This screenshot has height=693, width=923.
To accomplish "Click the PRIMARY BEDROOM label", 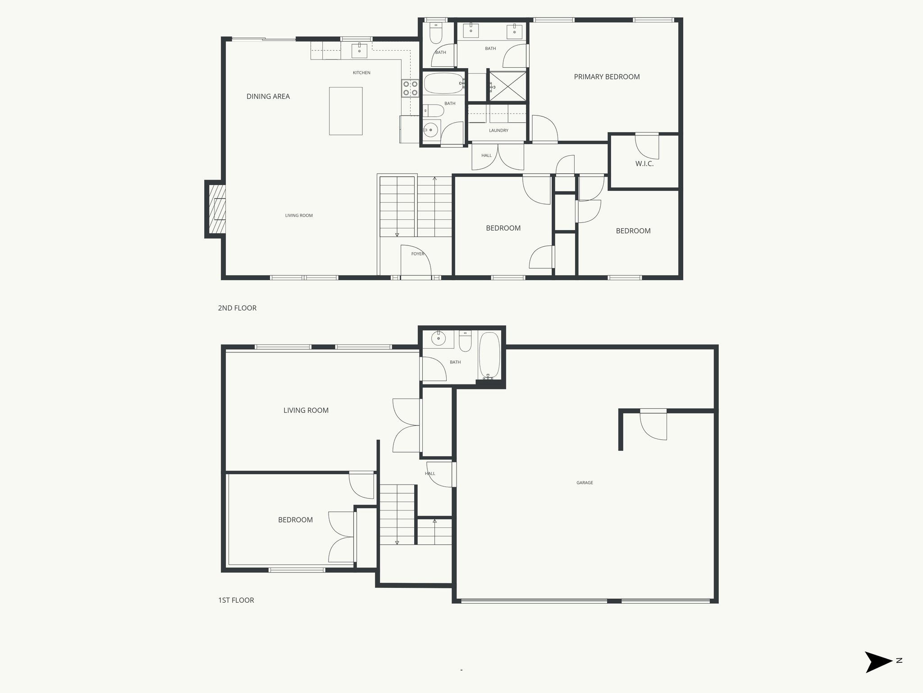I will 607,77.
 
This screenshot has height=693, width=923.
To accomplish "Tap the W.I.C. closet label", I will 644,164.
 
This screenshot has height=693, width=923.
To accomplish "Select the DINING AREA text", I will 268,96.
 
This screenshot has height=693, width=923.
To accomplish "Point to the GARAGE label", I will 585,483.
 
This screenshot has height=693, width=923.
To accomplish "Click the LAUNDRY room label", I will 498,130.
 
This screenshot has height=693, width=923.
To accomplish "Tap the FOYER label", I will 418,254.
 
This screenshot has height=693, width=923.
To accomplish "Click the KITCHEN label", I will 361,73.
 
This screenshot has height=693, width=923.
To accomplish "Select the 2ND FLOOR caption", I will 237,308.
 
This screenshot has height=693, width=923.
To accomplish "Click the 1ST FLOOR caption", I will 236,600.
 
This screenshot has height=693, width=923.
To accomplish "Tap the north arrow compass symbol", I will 878,662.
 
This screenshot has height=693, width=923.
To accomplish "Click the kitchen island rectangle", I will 346,111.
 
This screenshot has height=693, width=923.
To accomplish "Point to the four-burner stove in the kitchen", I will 410,88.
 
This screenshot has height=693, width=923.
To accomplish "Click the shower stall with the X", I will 508,86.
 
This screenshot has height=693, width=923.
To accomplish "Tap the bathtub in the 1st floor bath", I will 489,356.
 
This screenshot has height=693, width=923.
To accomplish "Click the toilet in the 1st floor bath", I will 465,342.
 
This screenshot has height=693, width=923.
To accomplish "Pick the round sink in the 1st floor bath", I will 438,338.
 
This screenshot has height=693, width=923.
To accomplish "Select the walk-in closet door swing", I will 647,147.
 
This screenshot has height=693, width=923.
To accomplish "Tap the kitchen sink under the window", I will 359,51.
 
